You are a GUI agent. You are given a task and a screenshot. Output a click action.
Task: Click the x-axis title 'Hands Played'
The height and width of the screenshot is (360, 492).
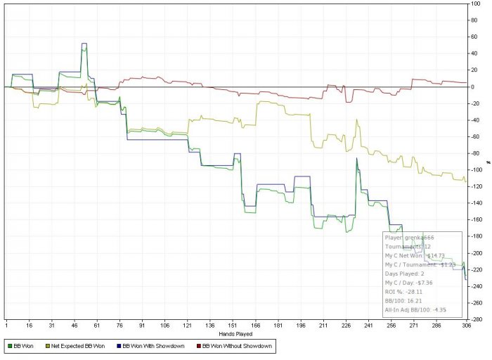pos(236,333)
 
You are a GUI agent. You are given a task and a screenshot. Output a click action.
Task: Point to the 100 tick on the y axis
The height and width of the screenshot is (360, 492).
pos(476,4)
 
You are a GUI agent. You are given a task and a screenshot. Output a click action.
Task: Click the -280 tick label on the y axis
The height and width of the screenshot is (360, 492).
pos(474,319)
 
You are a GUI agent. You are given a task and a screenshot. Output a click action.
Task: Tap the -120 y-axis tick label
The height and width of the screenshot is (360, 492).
pos(474,186)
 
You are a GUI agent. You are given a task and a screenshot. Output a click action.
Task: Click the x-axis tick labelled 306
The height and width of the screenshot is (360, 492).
pos(465,326)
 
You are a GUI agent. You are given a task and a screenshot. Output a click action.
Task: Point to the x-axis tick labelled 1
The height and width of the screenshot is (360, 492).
pos(6,326)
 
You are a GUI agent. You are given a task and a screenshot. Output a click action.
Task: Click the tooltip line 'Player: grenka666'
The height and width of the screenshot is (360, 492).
pos(410,238)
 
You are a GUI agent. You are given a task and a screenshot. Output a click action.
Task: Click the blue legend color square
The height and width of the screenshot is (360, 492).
pos(117,346)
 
